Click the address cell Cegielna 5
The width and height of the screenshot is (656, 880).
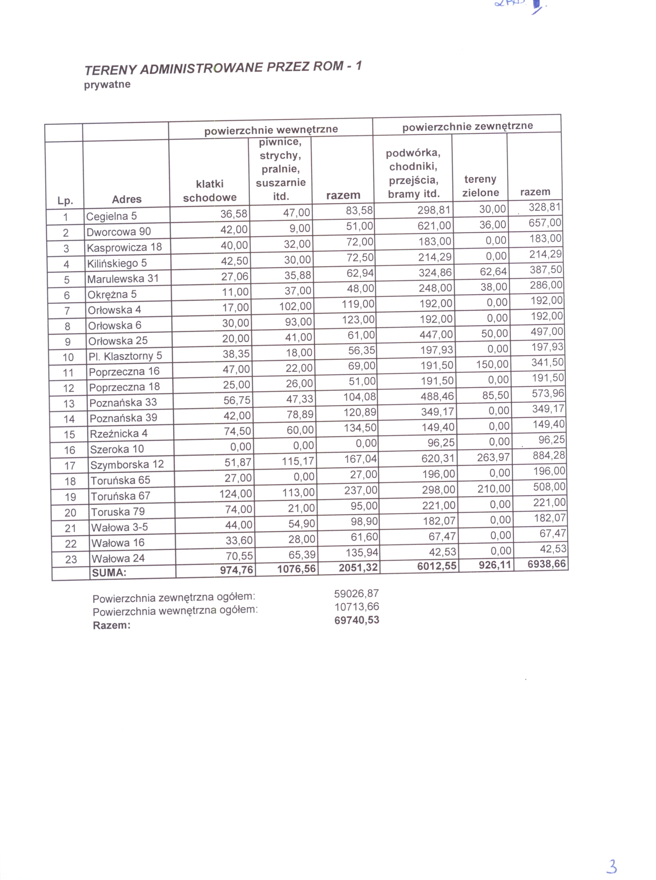point(112,216)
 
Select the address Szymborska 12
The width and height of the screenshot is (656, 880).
point(127,464)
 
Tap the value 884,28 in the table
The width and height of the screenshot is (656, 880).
point(549,455)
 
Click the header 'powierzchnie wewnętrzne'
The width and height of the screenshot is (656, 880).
point(271,130)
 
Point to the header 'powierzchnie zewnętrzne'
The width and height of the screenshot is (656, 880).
point(468,127)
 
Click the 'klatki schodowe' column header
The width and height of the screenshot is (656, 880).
point(210,190)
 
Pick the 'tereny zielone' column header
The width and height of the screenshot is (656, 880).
point(481,186)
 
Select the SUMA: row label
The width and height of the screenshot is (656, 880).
point(109,572)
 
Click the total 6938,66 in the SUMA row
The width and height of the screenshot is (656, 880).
point(546,564)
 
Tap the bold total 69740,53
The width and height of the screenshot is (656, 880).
point(357,620)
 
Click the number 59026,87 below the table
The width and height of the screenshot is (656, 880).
point(357,593)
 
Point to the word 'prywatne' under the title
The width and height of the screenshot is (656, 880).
point(107,85)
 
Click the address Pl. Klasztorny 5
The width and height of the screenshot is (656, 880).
point(125,356)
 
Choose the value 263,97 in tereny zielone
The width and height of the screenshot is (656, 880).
point(493,457)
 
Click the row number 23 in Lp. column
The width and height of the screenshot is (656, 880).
point(71,559)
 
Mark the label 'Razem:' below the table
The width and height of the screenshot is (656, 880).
point(112,625)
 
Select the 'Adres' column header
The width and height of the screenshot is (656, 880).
point(127,199)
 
